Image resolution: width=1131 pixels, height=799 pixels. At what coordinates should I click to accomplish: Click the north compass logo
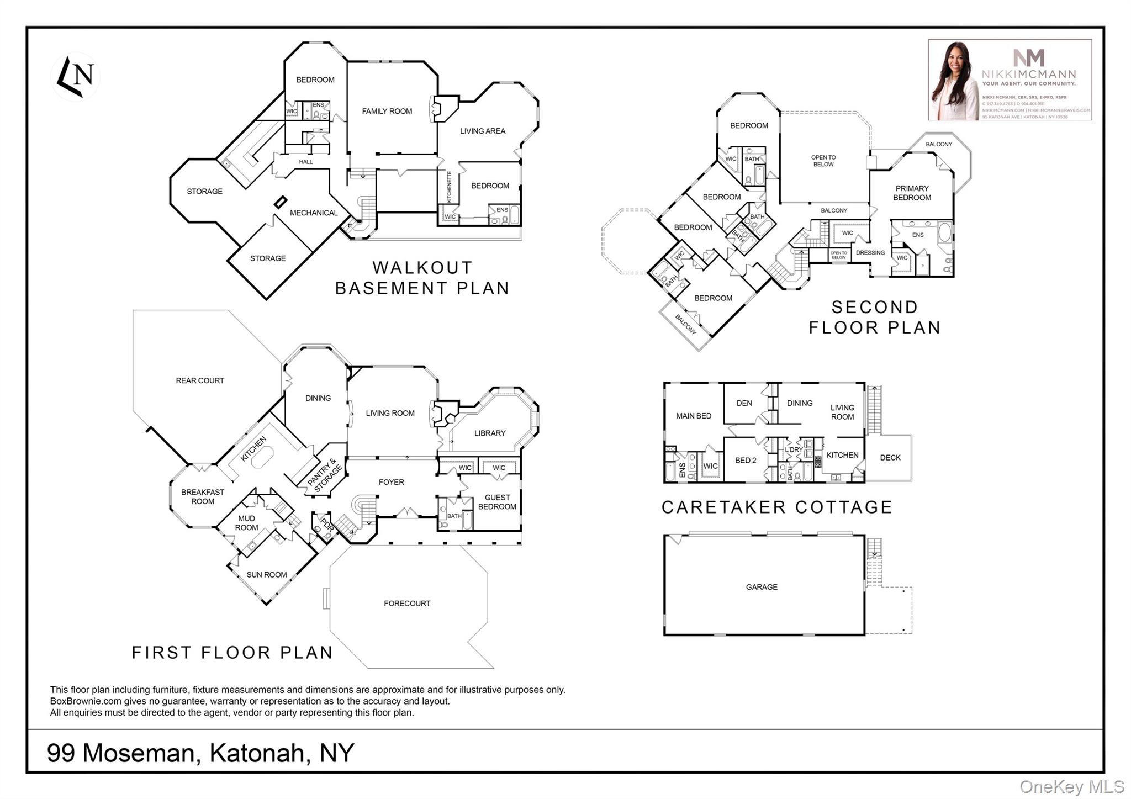(76, 76)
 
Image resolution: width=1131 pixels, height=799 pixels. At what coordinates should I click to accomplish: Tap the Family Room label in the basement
(387, 111)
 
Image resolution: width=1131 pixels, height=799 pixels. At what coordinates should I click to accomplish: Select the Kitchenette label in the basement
(450, 187)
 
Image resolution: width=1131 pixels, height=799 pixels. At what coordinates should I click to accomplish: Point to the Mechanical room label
(314, 213)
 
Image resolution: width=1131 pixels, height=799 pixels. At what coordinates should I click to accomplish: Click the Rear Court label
(200, 380)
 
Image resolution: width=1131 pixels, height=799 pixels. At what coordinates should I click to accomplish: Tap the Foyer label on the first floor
(391, 482)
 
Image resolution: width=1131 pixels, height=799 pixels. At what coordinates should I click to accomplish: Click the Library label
(490, 433)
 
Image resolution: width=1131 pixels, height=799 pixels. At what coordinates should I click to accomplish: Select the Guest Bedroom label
(497, 502)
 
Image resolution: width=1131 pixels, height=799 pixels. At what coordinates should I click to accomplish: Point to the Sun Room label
(266, 575)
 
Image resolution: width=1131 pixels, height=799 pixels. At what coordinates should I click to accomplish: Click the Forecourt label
(407, 604)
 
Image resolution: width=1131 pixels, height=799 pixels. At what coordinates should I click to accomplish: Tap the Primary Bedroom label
(912, 193)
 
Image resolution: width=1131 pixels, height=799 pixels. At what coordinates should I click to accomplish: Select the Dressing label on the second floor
(870, 253)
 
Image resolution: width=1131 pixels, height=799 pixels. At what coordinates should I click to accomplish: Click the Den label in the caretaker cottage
(744, 403)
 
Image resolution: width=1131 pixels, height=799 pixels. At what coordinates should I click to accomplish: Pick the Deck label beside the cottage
(890, 458)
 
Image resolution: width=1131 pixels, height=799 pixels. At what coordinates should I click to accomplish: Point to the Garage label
(762, 587)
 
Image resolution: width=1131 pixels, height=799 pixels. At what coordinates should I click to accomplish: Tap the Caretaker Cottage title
(776, 507)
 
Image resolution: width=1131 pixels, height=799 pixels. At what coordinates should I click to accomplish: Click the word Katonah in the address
(257, 753)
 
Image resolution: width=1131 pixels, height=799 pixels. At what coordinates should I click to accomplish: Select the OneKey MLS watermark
(1071, 786)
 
